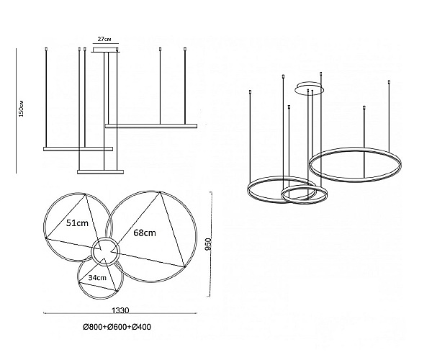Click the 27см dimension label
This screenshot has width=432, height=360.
104,39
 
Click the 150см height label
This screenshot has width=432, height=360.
21,109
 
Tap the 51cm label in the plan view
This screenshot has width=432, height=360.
77,222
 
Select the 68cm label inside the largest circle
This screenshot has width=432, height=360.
145,233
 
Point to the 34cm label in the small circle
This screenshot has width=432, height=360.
97,278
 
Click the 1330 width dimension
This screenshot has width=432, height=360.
120,310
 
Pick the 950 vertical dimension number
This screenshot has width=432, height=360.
208,244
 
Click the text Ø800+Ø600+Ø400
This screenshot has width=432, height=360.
117,327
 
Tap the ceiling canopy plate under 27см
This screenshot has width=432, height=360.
106,50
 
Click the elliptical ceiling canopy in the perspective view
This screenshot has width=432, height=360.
310,88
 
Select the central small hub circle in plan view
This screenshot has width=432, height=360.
106,251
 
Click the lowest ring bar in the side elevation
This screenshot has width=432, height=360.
100,172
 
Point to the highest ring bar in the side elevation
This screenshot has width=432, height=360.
151,126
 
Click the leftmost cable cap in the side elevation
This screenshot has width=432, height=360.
46,49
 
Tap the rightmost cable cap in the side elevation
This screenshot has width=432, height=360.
185,49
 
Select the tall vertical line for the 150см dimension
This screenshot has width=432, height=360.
17,111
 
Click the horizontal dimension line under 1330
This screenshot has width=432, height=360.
120,313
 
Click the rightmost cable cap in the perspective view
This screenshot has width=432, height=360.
389,82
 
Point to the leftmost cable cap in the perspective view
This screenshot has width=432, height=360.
250,92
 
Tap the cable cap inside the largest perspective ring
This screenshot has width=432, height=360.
364,107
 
